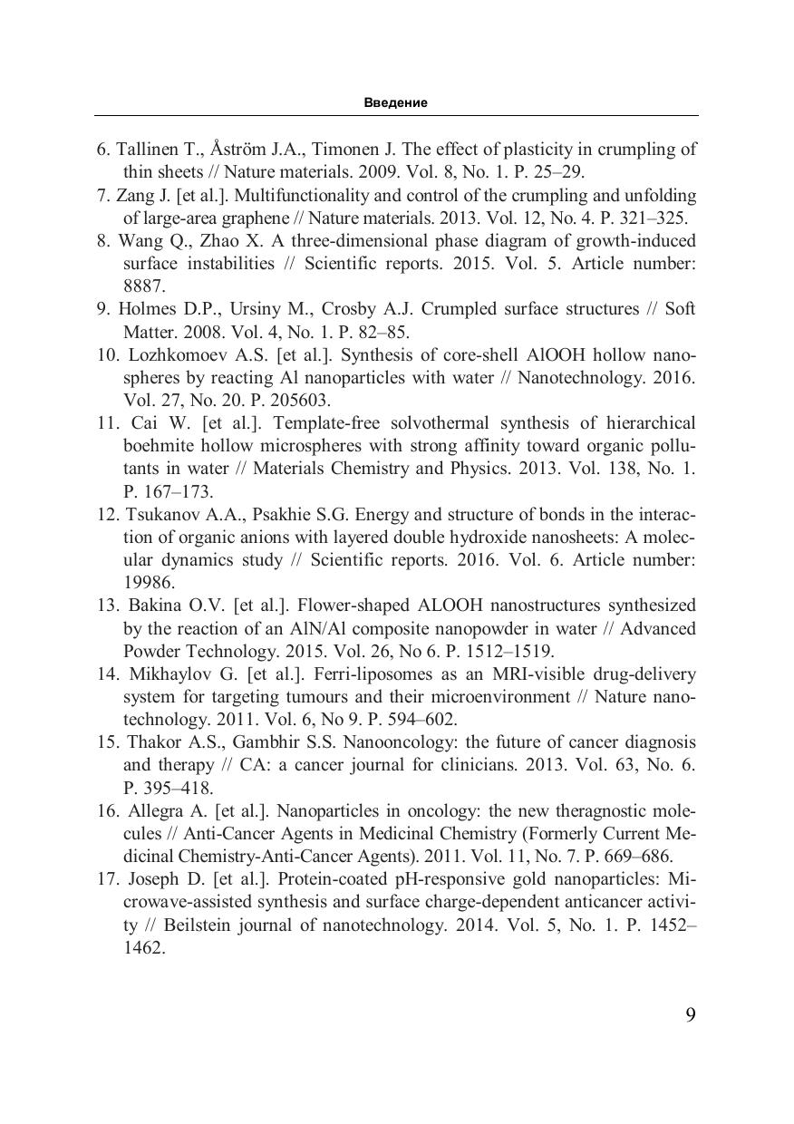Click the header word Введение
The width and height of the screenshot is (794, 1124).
point(396,102)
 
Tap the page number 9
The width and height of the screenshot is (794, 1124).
point(691,1014)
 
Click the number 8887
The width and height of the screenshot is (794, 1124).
point(143,286)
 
